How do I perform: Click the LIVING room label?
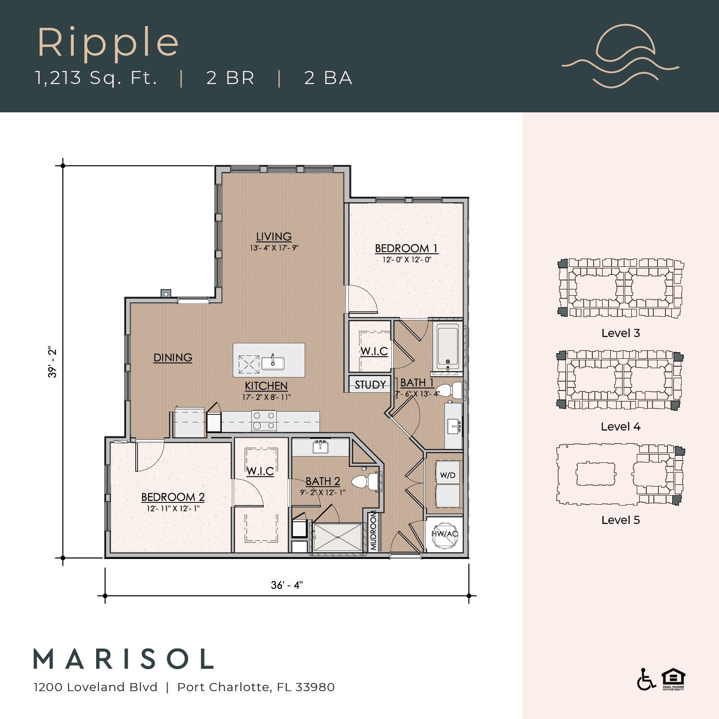274,236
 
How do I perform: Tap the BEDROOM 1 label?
406,248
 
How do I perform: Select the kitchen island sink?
273,362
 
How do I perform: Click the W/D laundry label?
448,475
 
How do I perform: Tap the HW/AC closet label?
444,534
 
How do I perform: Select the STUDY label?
370,385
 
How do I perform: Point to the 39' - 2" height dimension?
53,362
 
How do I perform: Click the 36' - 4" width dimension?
287,585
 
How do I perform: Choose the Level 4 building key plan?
620,380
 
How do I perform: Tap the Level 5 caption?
620,520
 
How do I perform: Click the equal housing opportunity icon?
673,679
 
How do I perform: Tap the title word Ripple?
108,43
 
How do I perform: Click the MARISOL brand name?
124,659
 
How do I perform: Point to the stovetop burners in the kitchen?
264,421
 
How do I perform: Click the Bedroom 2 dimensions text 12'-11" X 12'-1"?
173,509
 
